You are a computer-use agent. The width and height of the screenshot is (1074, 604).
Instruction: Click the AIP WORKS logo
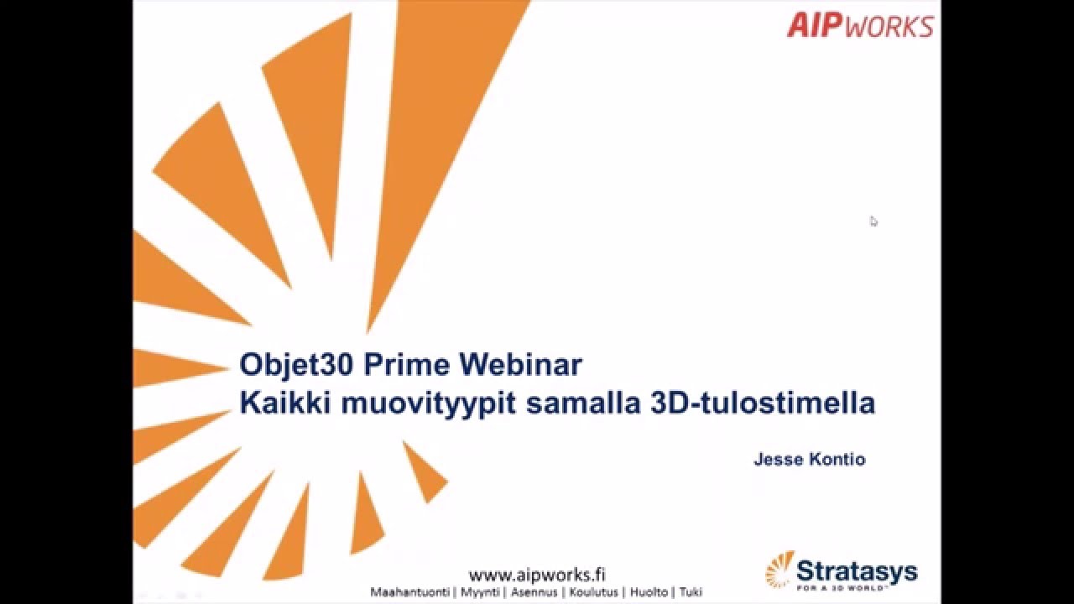859,25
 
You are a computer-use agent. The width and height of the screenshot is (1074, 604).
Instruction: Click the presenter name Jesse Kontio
809,460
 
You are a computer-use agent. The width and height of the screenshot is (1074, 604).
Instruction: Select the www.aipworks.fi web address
537,575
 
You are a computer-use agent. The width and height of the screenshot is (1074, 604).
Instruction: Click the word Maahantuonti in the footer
410,592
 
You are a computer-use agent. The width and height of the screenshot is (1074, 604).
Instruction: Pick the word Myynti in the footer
480,592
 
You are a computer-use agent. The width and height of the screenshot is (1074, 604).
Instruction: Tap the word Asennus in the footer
534,592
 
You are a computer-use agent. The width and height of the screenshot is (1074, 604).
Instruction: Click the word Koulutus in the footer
594,592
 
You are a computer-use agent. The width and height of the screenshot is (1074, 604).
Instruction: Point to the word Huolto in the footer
649,592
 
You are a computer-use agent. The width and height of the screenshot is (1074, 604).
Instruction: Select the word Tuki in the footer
691,592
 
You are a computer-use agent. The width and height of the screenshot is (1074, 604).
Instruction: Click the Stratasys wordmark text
856,572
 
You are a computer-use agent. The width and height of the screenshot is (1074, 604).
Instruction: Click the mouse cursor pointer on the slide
873,221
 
